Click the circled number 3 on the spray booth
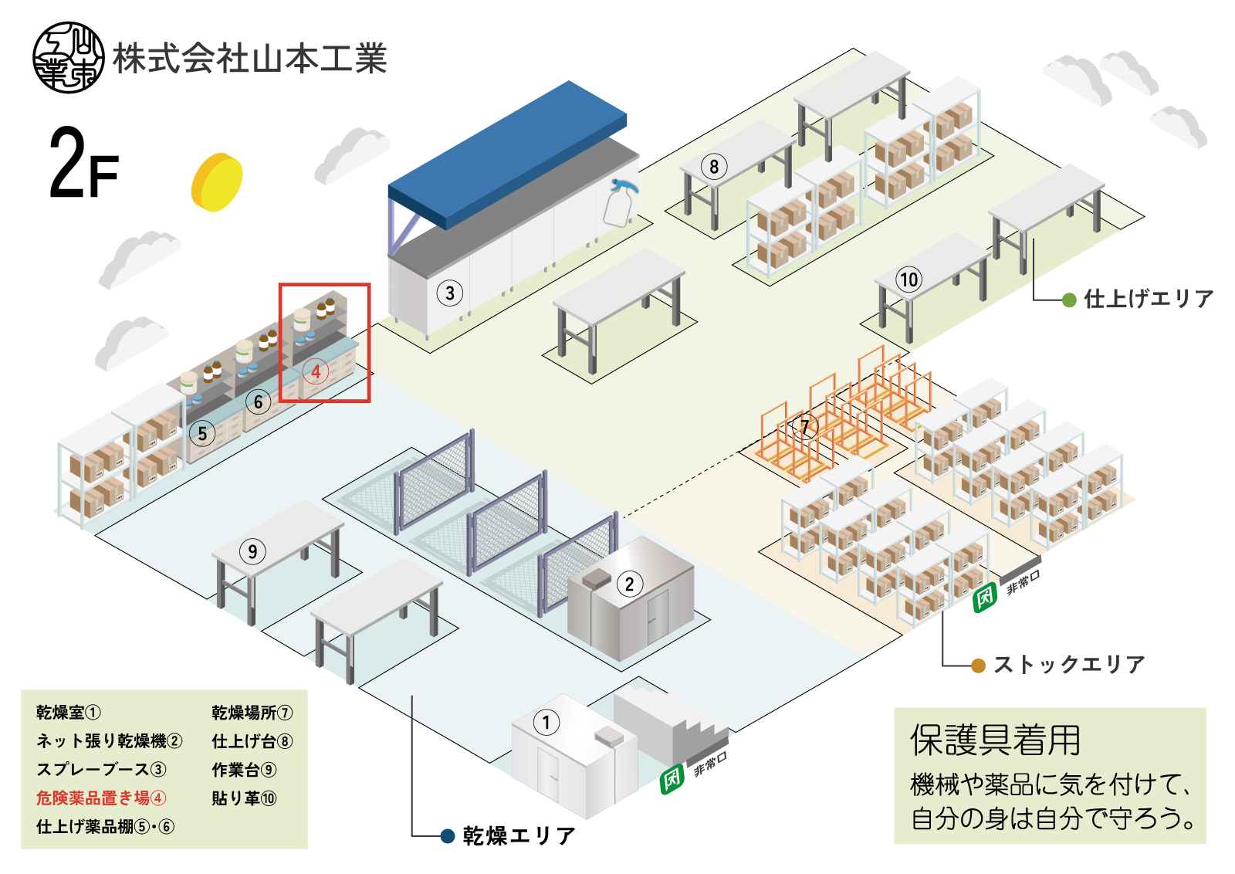450,293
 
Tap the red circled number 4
316,371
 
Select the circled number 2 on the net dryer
630,584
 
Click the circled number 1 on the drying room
546,723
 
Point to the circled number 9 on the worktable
252,551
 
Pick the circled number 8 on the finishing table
714,167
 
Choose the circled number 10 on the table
909,279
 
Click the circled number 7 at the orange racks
805,426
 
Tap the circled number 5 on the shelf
202,433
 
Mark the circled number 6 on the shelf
259,401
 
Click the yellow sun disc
217,182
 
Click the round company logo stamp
69,58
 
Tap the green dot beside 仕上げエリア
1069,300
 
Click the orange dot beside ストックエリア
978,666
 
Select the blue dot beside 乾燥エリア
447,836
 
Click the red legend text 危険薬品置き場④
101,798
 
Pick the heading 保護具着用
996,740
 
